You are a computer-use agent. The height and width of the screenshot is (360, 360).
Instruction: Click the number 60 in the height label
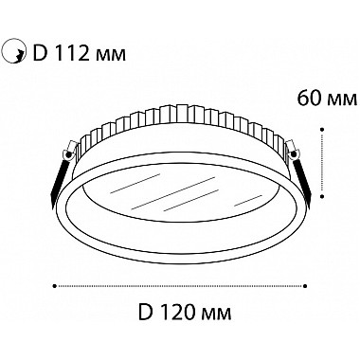click(x=310, y=98)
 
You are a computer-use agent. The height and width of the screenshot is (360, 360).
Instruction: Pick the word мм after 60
click(x=343, y=99)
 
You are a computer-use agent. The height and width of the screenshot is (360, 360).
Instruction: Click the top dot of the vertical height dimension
click(x=321, y=129)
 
